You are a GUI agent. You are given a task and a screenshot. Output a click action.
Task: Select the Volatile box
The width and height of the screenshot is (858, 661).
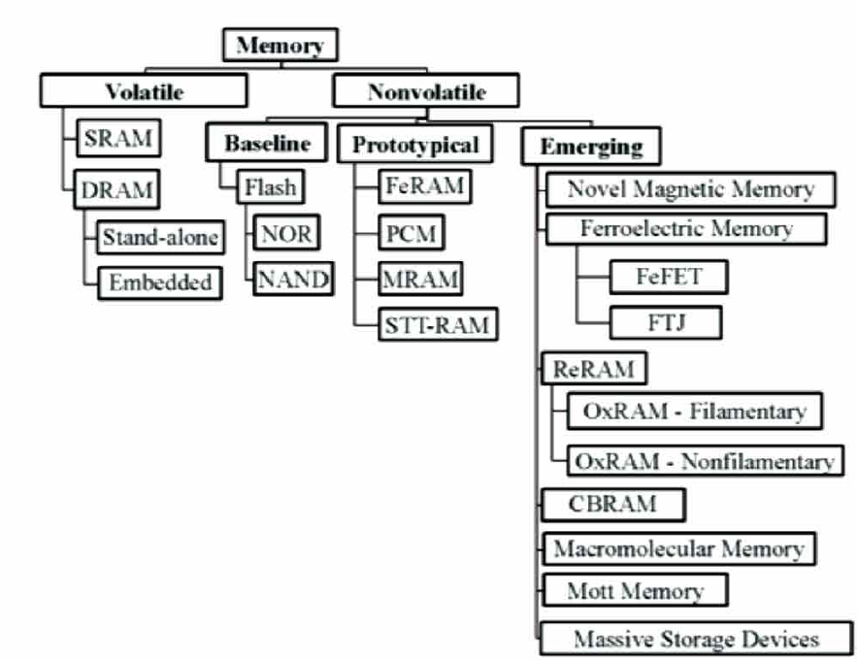(x=144, y=92)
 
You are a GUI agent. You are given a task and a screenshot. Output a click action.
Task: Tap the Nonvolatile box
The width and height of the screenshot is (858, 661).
(x=426, y=92)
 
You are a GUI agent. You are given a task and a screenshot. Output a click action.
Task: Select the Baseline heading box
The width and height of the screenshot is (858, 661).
(x=268, y=144)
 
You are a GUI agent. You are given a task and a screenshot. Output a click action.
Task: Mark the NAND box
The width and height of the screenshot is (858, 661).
(x=294, y=280)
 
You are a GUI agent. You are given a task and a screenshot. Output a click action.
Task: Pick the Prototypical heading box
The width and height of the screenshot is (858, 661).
(x=415, y=146)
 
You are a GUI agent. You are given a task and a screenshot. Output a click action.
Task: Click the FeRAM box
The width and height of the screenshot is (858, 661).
(x=424, y=186)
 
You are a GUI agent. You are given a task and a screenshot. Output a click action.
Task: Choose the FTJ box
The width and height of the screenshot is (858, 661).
(x=665, y=321)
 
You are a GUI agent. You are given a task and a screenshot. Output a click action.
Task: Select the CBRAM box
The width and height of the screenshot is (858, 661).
(x=612, y=504)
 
